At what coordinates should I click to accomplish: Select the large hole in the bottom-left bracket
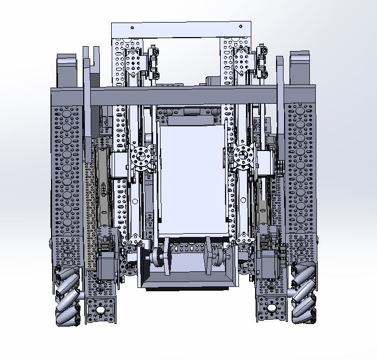coord(100,309)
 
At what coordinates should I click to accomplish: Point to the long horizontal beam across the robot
coord(183,95)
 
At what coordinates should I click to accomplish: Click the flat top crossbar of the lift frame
coord(181,30)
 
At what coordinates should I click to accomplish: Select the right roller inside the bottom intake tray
coord(216,257)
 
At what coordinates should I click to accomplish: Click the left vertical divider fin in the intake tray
coord(168,256)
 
